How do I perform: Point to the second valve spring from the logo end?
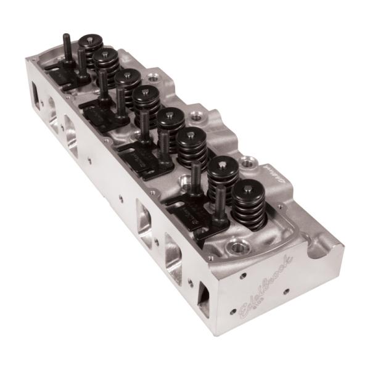tap(223, 176)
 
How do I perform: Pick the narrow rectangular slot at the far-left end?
tap(35, 96)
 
